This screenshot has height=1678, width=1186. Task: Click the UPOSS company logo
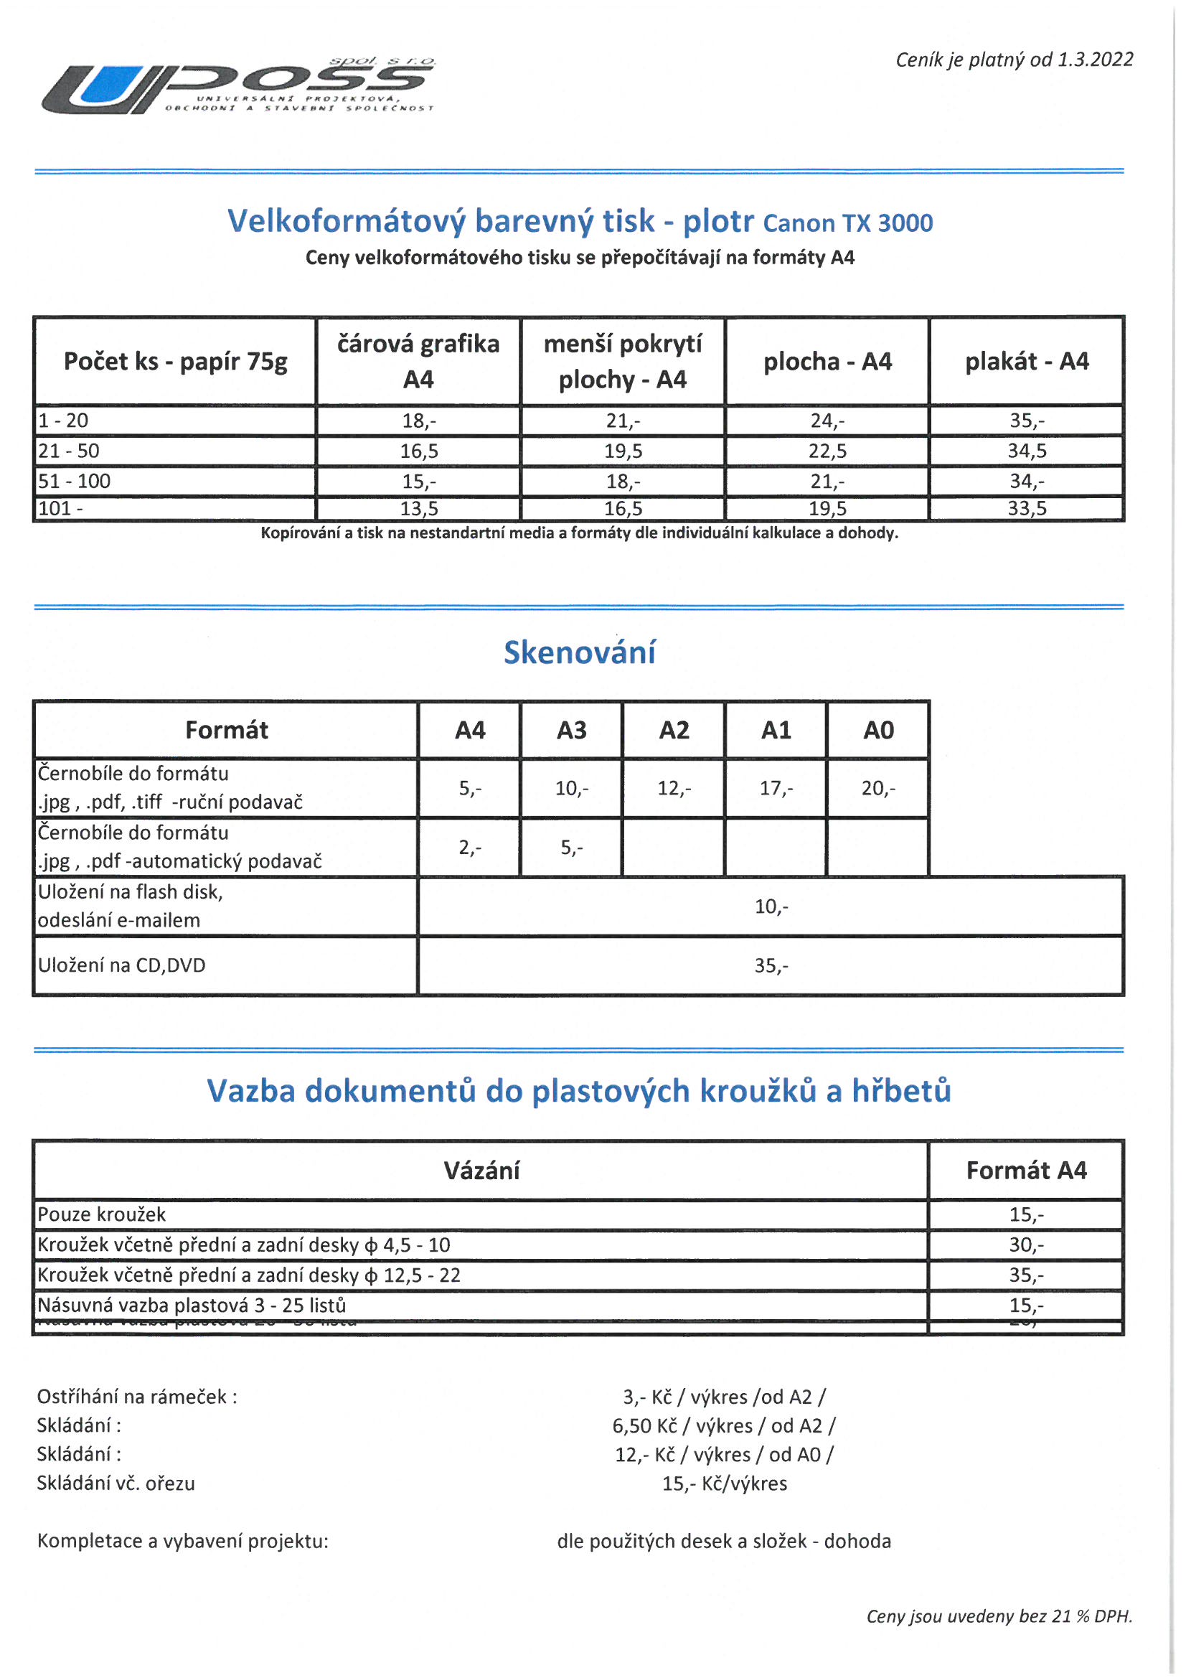point(237,86)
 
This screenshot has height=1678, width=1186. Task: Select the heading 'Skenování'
point(580,652)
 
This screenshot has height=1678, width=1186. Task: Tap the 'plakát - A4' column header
point(1027,361)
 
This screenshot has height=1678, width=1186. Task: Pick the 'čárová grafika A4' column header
point(418,361)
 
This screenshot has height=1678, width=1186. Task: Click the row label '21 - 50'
point(69,451)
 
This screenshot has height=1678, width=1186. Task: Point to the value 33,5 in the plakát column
point(1027,509)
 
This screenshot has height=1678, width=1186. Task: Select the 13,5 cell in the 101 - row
point(419,509)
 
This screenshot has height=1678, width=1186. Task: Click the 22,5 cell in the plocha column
point(827,451)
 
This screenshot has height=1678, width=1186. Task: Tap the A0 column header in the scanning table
point(878,730)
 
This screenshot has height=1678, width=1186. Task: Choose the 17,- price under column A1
point(776,788)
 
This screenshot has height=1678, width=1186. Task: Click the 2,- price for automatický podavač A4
point(470,847)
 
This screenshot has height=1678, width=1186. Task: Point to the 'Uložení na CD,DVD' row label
point(122,965)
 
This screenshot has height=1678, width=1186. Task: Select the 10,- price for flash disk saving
point(771,906)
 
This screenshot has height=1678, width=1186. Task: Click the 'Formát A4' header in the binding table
point(1026,1170)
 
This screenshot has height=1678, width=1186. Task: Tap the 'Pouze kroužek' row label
point(102,1214)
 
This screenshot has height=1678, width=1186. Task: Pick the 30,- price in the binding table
point(1026,1245)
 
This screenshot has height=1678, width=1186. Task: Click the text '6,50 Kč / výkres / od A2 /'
point(723,1425)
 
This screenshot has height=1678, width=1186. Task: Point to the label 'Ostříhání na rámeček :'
point(137,1397)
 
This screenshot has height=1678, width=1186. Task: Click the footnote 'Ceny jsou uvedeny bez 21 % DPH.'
point(999,1616)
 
